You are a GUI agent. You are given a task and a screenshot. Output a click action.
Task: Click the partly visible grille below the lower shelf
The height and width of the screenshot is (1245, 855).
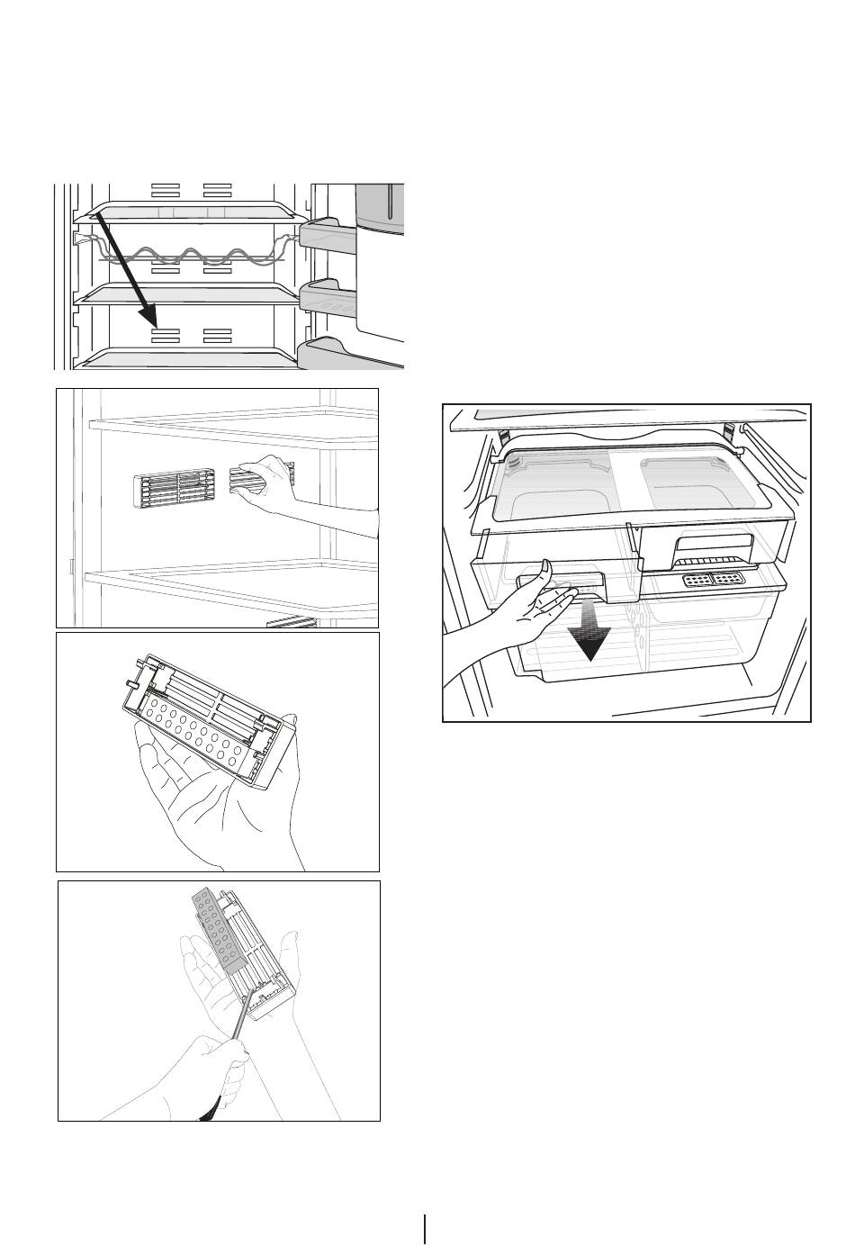click(290, 621)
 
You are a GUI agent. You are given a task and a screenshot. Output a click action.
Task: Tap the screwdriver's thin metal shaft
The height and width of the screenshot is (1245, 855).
click(241, 1025)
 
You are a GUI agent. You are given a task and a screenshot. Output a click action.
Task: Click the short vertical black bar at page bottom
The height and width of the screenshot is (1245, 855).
click(425, 1228)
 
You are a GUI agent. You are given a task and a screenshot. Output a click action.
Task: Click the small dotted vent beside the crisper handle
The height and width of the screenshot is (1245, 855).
click(711, 582)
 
